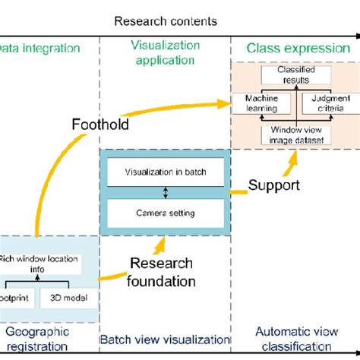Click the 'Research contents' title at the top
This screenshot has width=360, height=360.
click(x=165, y=21)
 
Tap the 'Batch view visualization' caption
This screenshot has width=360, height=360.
click(x=165, y=339)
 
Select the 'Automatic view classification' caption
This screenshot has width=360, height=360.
click(x=293, y=338)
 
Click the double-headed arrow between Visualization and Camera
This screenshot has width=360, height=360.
click(x=165, y=192)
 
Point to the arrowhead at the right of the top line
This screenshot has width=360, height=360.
click(x=354, y=36)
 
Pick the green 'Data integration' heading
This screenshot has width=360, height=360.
click(x=42, y=49)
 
